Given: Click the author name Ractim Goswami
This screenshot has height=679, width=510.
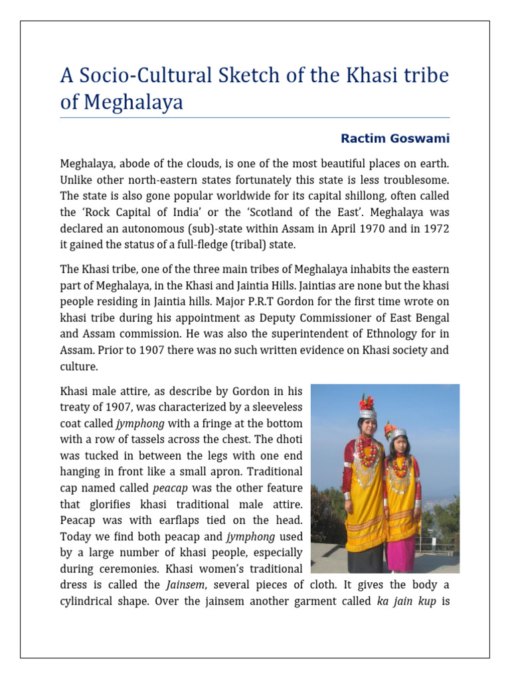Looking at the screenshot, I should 394,139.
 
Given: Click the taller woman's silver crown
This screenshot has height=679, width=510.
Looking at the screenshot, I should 368,414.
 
